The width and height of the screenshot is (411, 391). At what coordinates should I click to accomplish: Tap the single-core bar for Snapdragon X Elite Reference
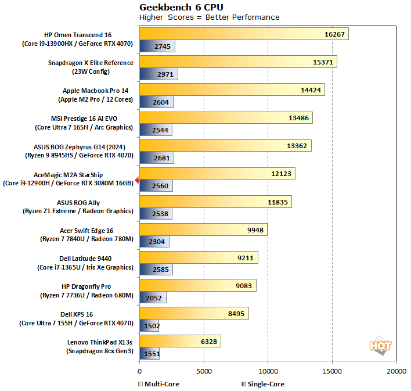tap(158, 74)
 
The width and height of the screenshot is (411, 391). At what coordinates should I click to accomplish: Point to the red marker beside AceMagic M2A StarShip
tap(136, 181)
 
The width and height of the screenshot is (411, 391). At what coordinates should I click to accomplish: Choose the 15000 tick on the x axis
tap(331, 371)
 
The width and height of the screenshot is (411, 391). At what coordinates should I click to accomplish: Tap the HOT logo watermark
tap(380, 345)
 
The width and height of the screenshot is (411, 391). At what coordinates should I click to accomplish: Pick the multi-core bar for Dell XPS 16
tap(194, 313)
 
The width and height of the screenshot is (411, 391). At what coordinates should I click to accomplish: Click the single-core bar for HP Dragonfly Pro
tap(153, 297)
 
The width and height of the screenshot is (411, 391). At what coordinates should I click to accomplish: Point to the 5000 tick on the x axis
tap(203, 371)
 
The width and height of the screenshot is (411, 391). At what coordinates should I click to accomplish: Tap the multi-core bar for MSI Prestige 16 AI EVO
tap(226, 118)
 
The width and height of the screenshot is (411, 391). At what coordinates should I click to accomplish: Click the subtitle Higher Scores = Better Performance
tap(209, 17)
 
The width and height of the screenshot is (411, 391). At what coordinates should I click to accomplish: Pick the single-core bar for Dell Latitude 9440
tap(156, 270)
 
